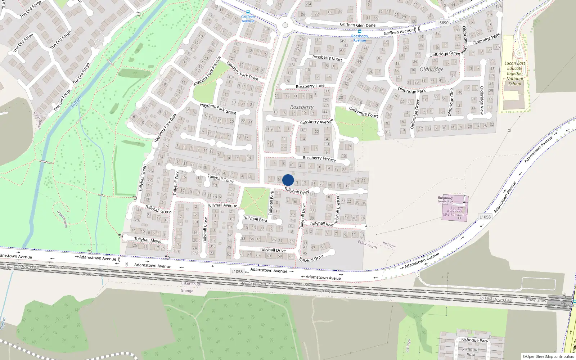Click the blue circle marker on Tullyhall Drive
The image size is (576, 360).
click(288, 180)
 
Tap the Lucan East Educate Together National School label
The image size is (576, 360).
click(515, 73)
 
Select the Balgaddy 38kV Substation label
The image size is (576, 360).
click(454, 212)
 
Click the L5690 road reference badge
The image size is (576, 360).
click(443, 23)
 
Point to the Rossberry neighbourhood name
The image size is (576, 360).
click(302, 107)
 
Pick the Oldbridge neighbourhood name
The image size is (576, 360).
click(431, 69)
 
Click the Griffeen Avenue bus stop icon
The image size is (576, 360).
click(248, 12)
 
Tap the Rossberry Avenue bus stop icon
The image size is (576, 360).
click(359, 31)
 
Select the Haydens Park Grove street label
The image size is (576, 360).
click(218, 109)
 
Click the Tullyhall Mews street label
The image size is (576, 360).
click(148, 240)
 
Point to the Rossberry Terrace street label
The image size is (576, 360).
click(319, 158)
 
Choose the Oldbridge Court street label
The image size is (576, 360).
click(363, 112)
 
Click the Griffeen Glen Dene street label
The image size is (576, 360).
click(357, 25)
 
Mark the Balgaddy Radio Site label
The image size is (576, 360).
click(445, 199)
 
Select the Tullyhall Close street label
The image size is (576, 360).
click(205, 230)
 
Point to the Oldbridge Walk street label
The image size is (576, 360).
click(486, 39)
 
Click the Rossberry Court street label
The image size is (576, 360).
click(327, 58)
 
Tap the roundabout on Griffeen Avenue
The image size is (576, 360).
click(285, 25)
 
